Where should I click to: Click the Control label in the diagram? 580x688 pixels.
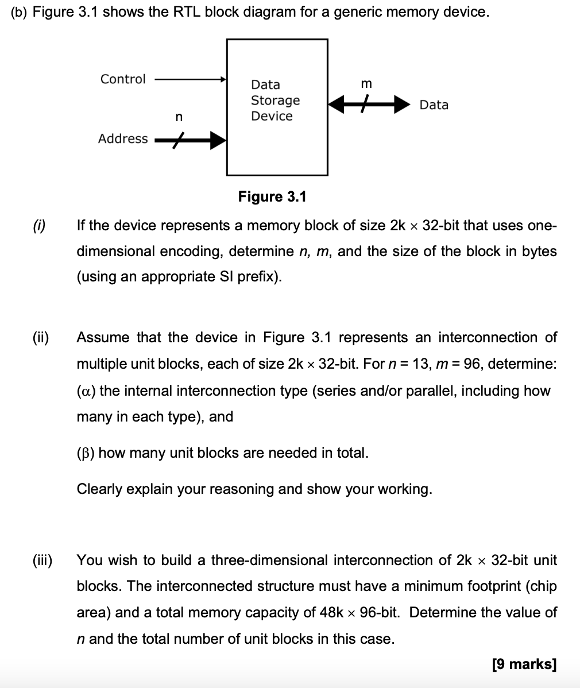[x=123, y=79]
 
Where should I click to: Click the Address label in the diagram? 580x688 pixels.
[x=122, y=138]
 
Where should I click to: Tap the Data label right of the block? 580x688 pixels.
[x=434, y=105]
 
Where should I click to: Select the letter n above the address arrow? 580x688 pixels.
[x=179, y=117]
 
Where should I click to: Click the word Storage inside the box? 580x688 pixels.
[x=275, y=101]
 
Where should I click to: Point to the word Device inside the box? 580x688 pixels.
[x=272, y=116]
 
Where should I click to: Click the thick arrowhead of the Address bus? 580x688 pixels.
[x=217, y=139]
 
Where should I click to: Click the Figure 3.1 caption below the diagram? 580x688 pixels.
[x=272, y=197]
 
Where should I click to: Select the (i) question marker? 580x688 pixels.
[x=39, y=225]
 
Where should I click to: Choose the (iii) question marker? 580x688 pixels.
[x=41, y=560]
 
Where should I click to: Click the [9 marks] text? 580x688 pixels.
[x=524, y=664]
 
